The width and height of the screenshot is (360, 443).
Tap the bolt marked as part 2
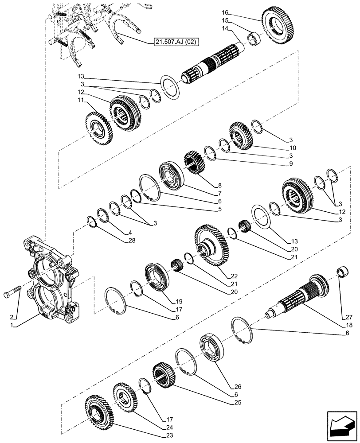[x=13, y=294]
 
